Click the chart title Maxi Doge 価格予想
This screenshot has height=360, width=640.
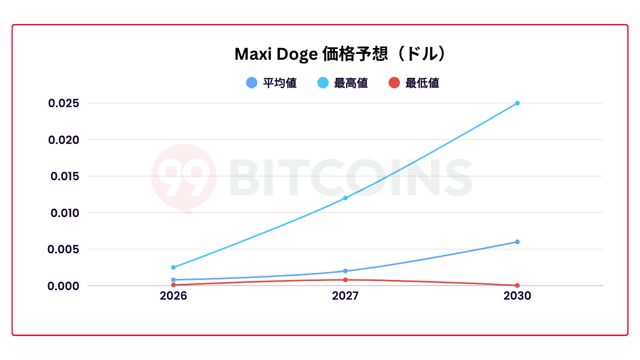[340, 54]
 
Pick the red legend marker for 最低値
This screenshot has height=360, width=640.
[394, 83]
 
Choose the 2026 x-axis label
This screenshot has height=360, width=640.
[173, 296]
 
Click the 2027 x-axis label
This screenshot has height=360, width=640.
[345, 296]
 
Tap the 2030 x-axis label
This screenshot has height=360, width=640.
[517, 296]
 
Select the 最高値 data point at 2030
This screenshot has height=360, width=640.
[517, 103]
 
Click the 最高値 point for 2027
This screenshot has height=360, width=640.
[345, 198]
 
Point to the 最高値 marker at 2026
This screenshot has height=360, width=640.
[173, 267]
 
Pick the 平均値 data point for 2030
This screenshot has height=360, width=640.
[517, 242]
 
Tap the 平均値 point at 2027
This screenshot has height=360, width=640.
[345, 271]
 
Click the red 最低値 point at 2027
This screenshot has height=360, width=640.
[345, 279]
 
